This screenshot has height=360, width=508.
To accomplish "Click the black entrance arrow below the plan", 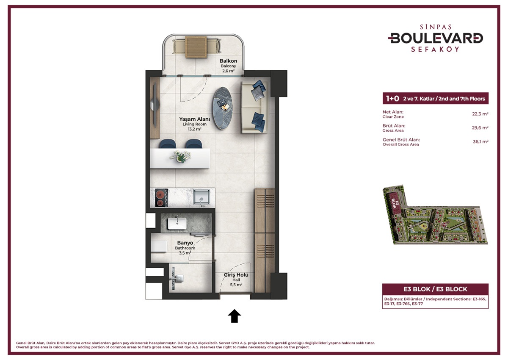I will pos(234,316).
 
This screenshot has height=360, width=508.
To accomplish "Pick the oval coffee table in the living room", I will pos(222,108).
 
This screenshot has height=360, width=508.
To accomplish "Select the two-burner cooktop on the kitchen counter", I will pos(160,198).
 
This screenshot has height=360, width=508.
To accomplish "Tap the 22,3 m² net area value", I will pos(480,114).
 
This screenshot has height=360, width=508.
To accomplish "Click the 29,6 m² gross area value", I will pos(480,127).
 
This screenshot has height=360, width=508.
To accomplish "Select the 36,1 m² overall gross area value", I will pos(480,142).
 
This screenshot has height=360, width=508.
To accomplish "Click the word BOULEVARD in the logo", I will pos(436,38).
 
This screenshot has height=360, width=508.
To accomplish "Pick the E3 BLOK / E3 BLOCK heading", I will pos(435,289).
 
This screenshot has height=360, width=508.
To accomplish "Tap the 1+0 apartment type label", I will pos(392,99).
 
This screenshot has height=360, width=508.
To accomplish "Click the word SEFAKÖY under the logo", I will pos(436,49).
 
